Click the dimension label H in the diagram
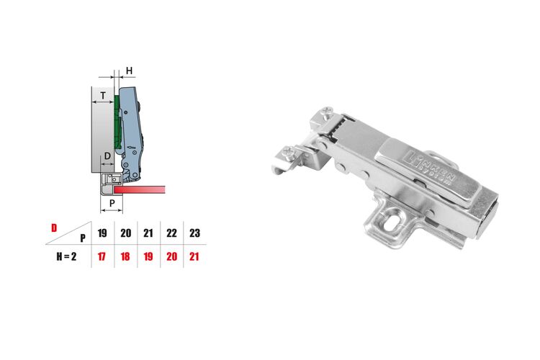(129, 71)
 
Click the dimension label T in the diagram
(103, 96)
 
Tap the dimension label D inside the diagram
(107, 156)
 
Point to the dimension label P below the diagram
(112, 203)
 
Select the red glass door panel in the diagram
(140, 189)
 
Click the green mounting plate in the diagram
(117, 122)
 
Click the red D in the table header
(54, 228)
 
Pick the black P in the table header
(83, 238)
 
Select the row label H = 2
(66, 256)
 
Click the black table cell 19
(102, 233)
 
